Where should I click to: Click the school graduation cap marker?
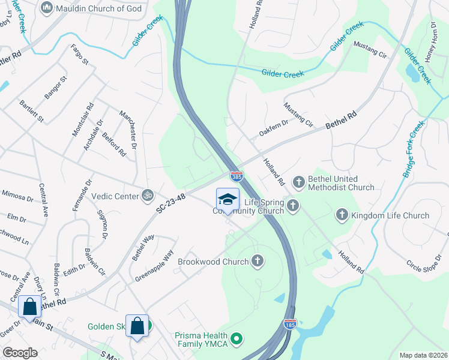click(228, 199)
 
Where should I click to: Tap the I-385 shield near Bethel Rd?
click(237, 176)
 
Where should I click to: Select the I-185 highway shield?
click(291, 325)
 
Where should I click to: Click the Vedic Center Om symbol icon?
click(145, 195)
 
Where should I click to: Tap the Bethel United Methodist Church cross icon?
click(299, 181)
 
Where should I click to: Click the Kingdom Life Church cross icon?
click(342, 214)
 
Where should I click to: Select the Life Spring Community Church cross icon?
click(292, 206)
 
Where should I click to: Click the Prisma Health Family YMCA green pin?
click(237, 339)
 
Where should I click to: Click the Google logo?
click(20, 353)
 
